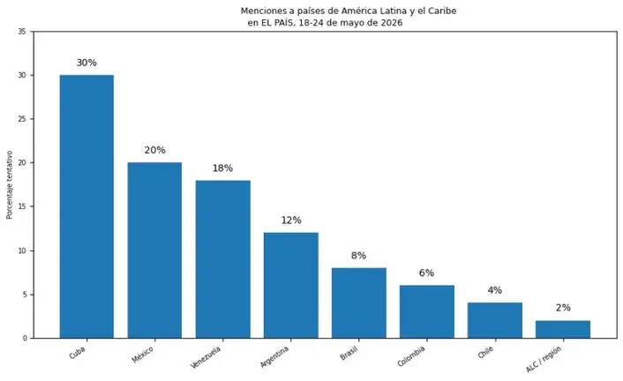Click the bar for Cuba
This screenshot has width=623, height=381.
pyautogui.click(x=86, y=206)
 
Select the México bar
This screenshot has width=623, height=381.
pyautogui.click(x=154, y=250)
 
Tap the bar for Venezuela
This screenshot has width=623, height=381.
pyautogui.click(x=223, y=259)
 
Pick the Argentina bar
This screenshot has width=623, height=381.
pyautogui.click(x=291, y=286)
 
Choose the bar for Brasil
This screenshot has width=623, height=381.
pyautogui.click(x=359, y=303)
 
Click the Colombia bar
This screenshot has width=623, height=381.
pyautogui.click(x=427, y=312)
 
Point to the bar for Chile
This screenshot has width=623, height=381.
pyautogui.click(x=495, y=321)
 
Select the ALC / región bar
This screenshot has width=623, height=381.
pyautogui.click(x=563, y=329)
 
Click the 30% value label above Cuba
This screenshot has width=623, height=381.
pyautogui.click(x=86, y=63)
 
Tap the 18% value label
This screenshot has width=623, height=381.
pyautogui.click(x=222, y=168)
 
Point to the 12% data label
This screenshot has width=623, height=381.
pyautogui.click(x=291, y=220)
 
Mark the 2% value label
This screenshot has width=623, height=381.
pyautogui.click(x=563, y=308)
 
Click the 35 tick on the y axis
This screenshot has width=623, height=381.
pyautogui.click(x=22, y=32)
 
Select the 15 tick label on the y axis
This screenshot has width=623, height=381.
pyautogui.click(x=22, y=206)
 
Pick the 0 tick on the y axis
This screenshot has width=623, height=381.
pyautogui.click(x=25, y=339)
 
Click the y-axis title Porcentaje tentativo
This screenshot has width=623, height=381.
pyautogui.click(x=10, y=184)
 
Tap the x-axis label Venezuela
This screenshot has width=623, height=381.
pyautogui.click(x=206, y=357)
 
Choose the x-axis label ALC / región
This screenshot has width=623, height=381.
pyautogui.click(x=544, y=359)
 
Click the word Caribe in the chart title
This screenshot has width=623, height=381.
pyautogui.click(x=443, y=11)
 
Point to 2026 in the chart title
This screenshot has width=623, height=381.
pyautogui.click(x=392, y=23)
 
